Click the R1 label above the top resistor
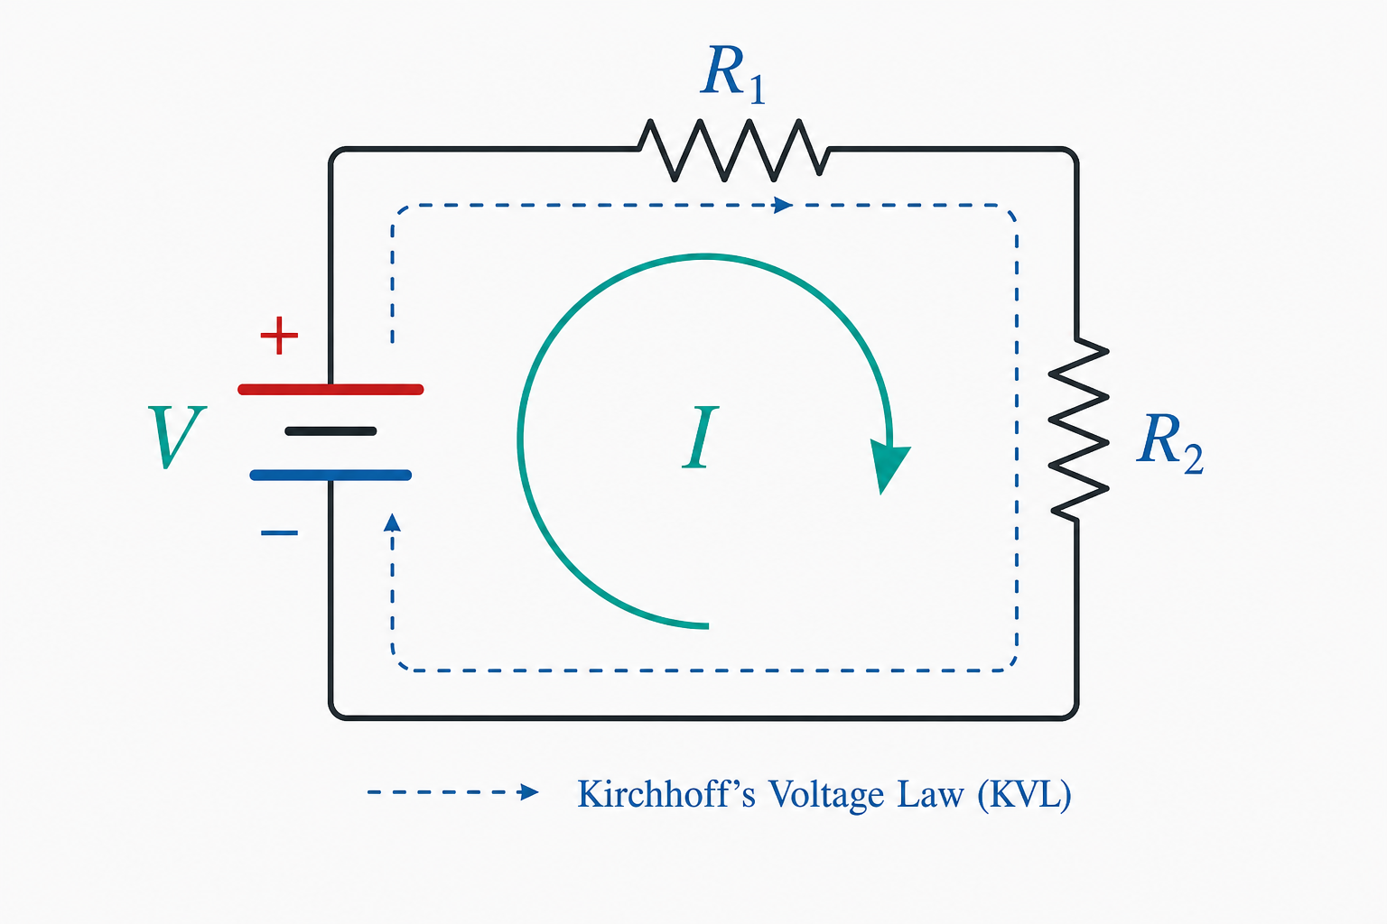tap(733, 74)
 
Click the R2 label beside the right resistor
tap(1169, 443)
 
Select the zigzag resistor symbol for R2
tap(1078, 429)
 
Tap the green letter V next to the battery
tap(177, 437)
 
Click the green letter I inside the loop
tap(701, 437)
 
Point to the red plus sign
tap(279, 336)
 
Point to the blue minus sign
tap(279, 532)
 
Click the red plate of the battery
tap(330, 389)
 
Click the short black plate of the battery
tap(330, 431)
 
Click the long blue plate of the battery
tap(330, 476)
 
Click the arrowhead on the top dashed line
tap(783, 205)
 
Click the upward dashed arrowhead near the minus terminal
tap(392, 523)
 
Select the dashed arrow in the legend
tap(453, 792)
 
